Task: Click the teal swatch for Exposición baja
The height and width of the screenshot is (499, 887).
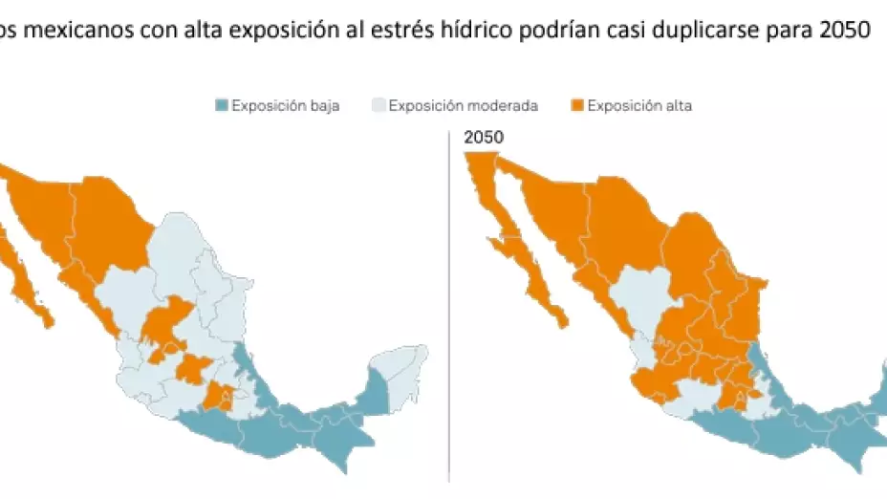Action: click(x=223, y=106)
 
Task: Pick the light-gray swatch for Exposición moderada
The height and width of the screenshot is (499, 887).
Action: click(x=379, y=106)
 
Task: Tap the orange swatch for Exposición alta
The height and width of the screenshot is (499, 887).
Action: click(x=576, y=106)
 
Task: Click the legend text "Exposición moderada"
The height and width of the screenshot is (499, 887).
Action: click(x=464, y=106)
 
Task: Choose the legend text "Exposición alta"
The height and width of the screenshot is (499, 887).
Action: click(x=639, y=106)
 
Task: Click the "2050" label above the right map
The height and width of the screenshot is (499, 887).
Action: click(x=484, y=139)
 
